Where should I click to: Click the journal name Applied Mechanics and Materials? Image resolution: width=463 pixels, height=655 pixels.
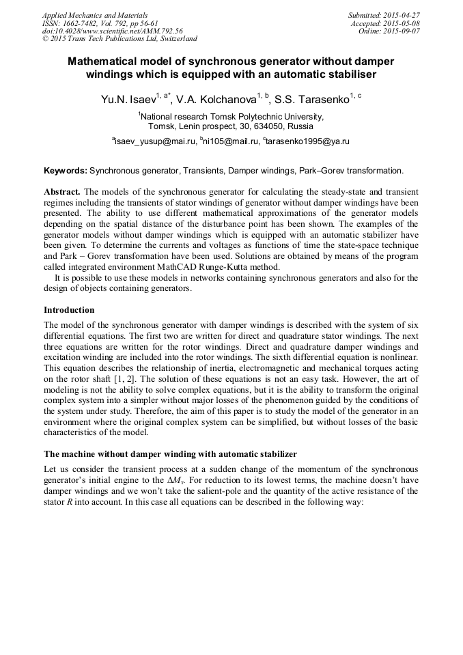point(85,14)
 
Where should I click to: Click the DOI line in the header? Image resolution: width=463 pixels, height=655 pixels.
point(112,31)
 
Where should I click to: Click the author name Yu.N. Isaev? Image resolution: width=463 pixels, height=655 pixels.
point(127,100)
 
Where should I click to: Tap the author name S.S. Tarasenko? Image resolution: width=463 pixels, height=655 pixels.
point(311,100)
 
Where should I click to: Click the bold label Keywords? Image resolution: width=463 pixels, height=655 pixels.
point(66,170)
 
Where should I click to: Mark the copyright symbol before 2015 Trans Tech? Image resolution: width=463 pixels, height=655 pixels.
point(45,39)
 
